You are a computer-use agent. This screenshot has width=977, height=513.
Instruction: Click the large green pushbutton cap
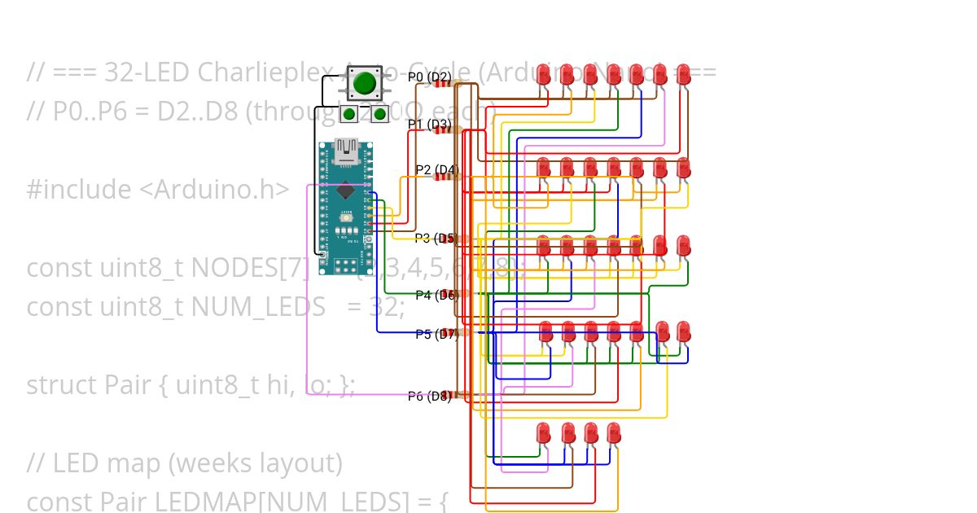point(364,82)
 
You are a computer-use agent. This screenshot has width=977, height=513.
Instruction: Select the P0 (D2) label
point(429,77)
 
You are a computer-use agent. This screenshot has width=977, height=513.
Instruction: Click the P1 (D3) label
point(429,125)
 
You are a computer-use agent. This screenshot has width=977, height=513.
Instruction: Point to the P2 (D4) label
point(437,170)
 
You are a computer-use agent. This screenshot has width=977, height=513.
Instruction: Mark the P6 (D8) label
point(429,397)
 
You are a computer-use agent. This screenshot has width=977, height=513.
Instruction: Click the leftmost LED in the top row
point(544,74)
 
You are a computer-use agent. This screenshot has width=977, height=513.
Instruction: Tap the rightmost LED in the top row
point(684,74)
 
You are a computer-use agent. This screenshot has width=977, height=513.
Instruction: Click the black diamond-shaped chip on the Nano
point(346,191)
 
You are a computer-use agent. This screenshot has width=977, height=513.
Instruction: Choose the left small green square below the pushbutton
point(348,114)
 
